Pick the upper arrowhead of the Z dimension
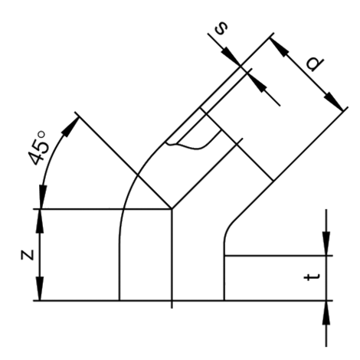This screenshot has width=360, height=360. coord(41,218)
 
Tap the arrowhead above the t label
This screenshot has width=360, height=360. coord(326,244)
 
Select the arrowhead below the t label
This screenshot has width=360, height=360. coord(326,306)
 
